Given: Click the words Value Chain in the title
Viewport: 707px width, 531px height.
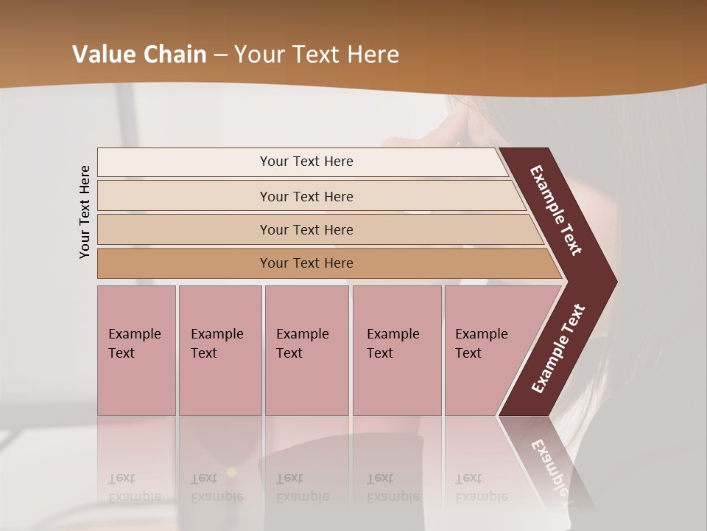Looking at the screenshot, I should pyautogui.click(x=139, y=55).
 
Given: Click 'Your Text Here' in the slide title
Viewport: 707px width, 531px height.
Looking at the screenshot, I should pyautogui.click(x=317, y=55).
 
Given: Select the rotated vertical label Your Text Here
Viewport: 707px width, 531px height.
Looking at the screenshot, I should pyautogui.click(x=85, y=212).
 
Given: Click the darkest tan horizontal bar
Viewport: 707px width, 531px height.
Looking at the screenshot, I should pyautogui.click(x=184, y=263).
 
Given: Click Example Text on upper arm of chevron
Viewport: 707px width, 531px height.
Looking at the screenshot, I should pyautogui.click(x=557, y=210).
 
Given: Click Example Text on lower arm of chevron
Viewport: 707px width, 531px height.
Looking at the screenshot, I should pyautogui.click(x=558, y=349).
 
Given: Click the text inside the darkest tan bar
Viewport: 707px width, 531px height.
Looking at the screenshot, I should pyautogui.click(x=306, y=263).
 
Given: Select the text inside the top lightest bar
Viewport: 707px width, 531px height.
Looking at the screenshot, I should pyautogui.click(x=306, y=162).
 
